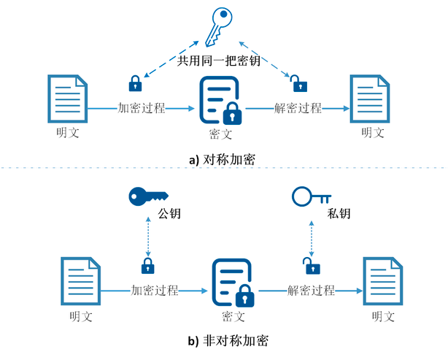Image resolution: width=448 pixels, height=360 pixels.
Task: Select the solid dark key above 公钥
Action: [x=147, y=195]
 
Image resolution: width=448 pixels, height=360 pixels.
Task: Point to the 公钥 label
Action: [x=169, y=214]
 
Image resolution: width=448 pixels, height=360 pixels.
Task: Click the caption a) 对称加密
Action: [x=222, y=158]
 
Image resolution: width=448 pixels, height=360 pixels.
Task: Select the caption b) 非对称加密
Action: [x=222, y=340]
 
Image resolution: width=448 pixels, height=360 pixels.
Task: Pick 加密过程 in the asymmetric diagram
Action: [x=155, y=290]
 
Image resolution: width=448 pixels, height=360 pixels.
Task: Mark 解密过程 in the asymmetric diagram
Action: [x=311, y=290]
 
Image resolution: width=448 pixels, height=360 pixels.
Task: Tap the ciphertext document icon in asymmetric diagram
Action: [x=232, y=283]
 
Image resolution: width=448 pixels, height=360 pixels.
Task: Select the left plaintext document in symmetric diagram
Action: [x=67, y=98]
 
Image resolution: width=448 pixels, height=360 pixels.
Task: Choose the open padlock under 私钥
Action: [x=310, y=264]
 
